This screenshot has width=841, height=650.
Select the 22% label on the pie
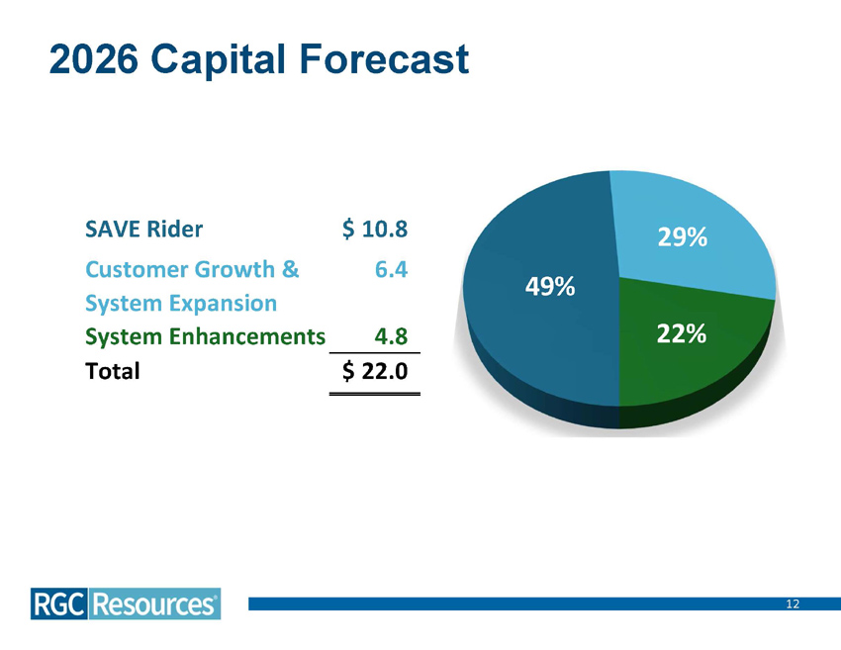681,335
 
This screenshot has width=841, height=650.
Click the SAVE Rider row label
144,230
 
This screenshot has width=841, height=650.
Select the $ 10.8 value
375,230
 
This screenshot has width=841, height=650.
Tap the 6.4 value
392,268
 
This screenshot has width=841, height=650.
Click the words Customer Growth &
193,268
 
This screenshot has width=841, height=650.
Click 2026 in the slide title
93,59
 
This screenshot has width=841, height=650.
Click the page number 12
793,604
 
